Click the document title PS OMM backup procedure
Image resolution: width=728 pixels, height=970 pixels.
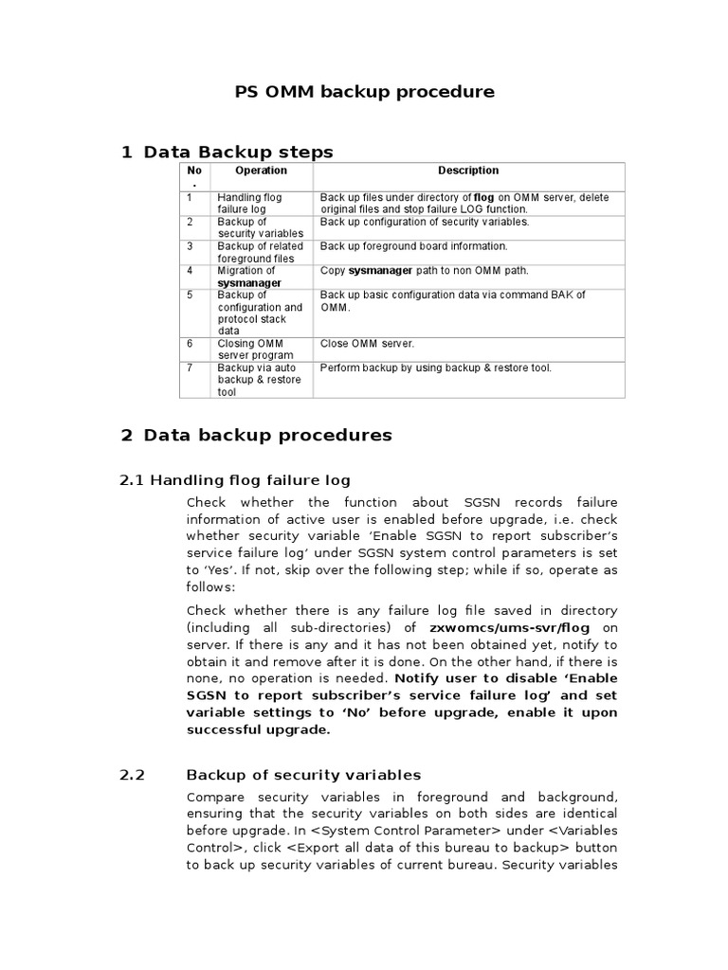364,92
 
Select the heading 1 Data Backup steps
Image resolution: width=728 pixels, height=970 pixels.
227,152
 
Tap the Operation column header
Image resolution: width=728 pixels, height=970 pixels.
261,171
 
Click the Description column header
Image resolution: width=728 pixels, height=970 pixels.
468,171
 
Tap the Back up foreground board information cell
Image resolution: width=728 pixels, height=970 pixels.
413,246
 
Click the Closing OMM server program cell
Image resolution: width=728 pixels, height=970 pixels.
256,350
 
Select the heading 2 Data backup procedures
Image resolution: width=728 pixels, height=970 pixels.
256,435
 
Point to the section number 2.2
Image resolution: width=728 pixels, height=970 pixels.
132,774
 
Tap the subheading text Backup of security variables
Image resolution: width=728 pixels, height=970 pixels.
303,774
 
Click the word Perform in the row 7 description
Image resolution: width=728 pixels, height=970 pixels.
339,368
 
